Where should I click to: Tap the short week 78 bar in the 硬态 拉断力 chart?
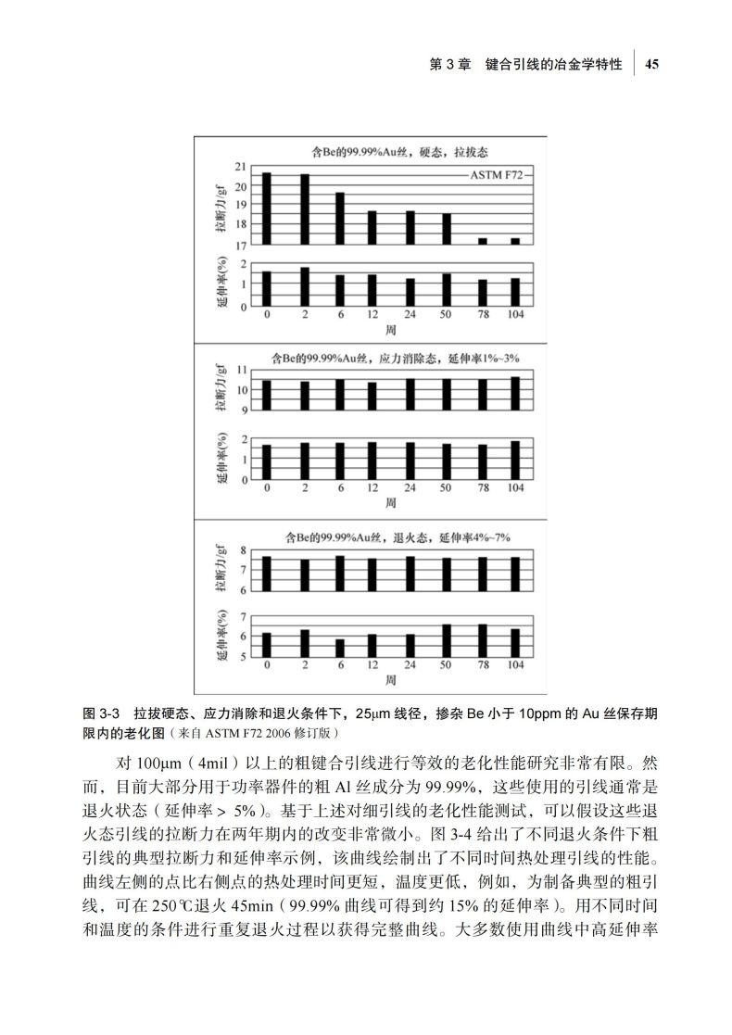coord(482,241)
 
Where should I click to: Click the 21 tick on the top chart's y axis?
coord(240,167)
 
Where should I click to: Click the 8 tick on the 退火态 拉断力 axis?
coord(243,550)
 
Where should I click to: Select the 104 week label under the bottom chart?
coord(515,665)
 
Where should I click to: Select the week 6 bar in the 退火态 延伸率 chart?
coord(340,648)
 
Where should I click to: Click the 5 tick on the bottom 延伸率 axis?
coord(243,656)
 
